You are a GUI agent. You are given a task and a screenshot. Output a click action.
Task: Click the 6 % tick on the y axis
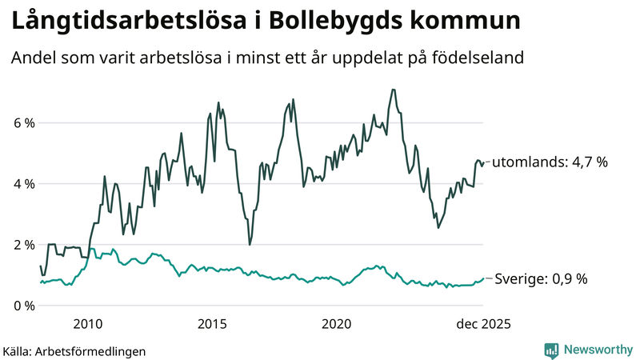[23, 123]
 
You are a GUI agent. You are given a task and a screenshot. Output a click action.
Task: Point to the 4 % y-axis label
[23, 184]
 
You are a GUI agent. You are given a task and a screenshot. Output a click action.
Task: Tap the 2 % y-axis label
[23, 245]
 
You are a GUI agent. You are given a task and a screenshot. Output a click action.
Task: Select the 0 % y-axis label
[23, 306]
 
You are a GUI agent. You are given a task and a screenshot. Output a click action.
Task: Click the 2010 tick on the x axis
[87, 324]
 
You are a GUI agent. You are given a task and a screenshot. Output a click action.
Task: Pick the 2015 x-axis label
[212, 324]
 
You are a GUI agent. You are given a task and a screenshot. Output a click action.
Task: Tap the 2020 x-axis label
[337, 324]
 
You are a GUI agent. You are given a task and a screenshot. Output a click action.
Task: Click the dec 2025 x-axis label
[482, 324]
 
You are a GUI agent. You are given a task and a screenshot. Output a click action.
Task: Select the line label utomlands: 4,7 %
[550, 162]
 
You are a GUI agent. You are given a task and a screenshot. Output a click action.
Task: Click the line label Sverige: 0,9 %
[541, 279]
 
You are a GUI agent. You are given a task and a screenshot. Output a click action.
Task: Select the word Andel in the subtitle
[33, 58]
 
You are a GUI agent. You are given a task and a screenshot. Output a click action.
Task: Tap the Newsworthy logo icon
[551, 350]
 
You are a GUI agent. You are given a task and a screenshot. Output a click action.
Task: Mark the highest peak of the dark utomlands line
[393, 89]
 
